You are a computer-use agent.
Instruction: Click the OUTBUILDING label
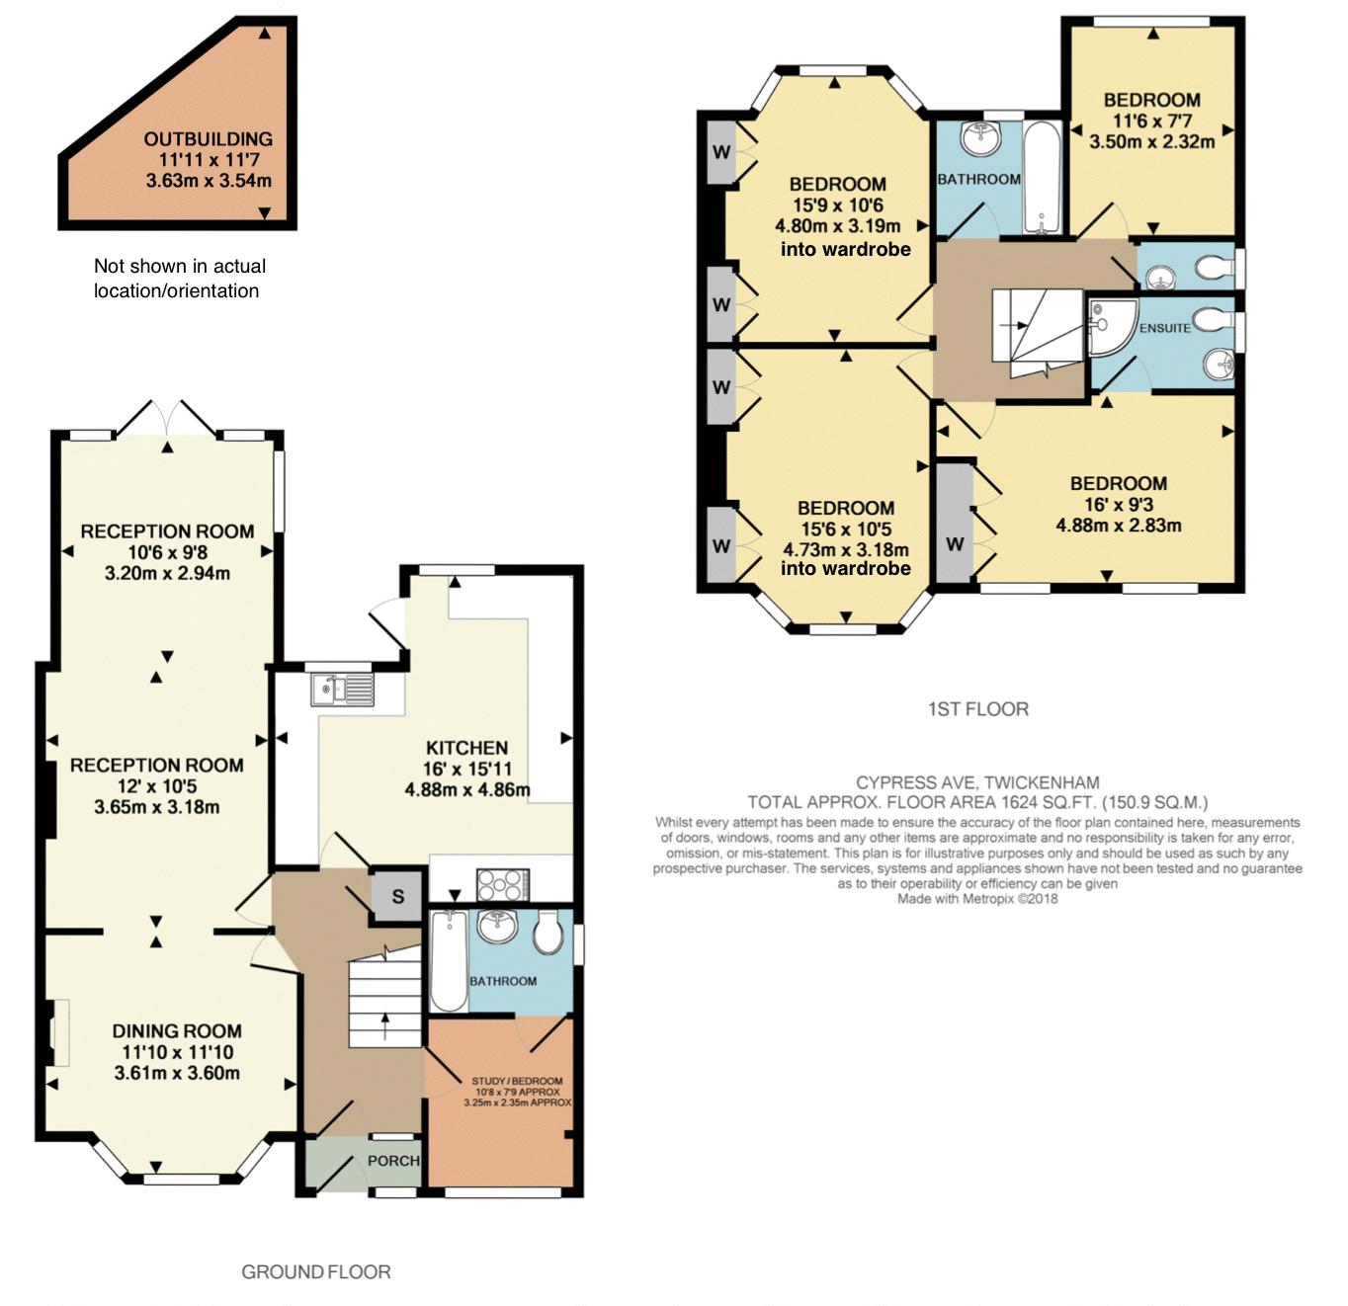tap(208, 139)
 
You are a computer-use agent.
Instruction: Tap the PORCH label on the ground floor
tap(393, 1161)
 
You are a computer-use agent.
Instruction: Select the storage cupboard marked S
tap(397, 896)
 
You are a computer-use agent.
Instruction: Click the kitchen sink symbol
tap(342, 690)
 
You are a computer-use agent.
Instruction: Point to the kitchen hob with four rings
tap(503, 885)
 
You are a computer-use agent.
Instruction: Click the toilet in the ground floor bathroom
tap(549, 933)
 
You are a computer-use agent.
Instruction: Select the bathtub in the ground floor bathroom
tap(449, 961)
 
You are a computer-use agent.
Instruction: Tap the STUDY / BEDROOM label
tap(517, 1081)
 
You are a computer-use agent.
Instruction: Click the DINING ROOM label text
tap(177, 1031)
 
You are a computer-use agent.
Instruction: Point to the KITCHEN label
tap(466, 748)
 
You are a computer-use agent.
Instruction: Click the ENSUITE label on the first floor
tap(1164, 328)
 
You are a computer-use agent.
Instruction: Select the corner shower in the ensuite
tap(1111, 327)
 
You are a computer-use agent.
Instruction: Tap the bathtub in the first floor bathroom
tap(1042, 178)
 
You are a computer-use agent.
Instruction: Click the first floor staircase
tap(1037, 332)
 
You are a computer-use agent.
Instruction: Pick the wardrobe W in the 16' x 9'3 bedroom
tap(955, 523)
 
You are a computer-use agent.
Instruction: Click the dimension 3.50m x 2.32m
tap(1152, 142)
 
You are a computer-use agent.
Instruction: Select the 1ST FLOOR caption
tap(978, 709)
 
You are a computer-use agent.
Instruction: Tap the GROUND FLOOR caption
tap(316, 1272)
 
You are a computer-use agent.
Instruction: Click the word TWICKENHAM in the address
tap(1042, 782)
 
